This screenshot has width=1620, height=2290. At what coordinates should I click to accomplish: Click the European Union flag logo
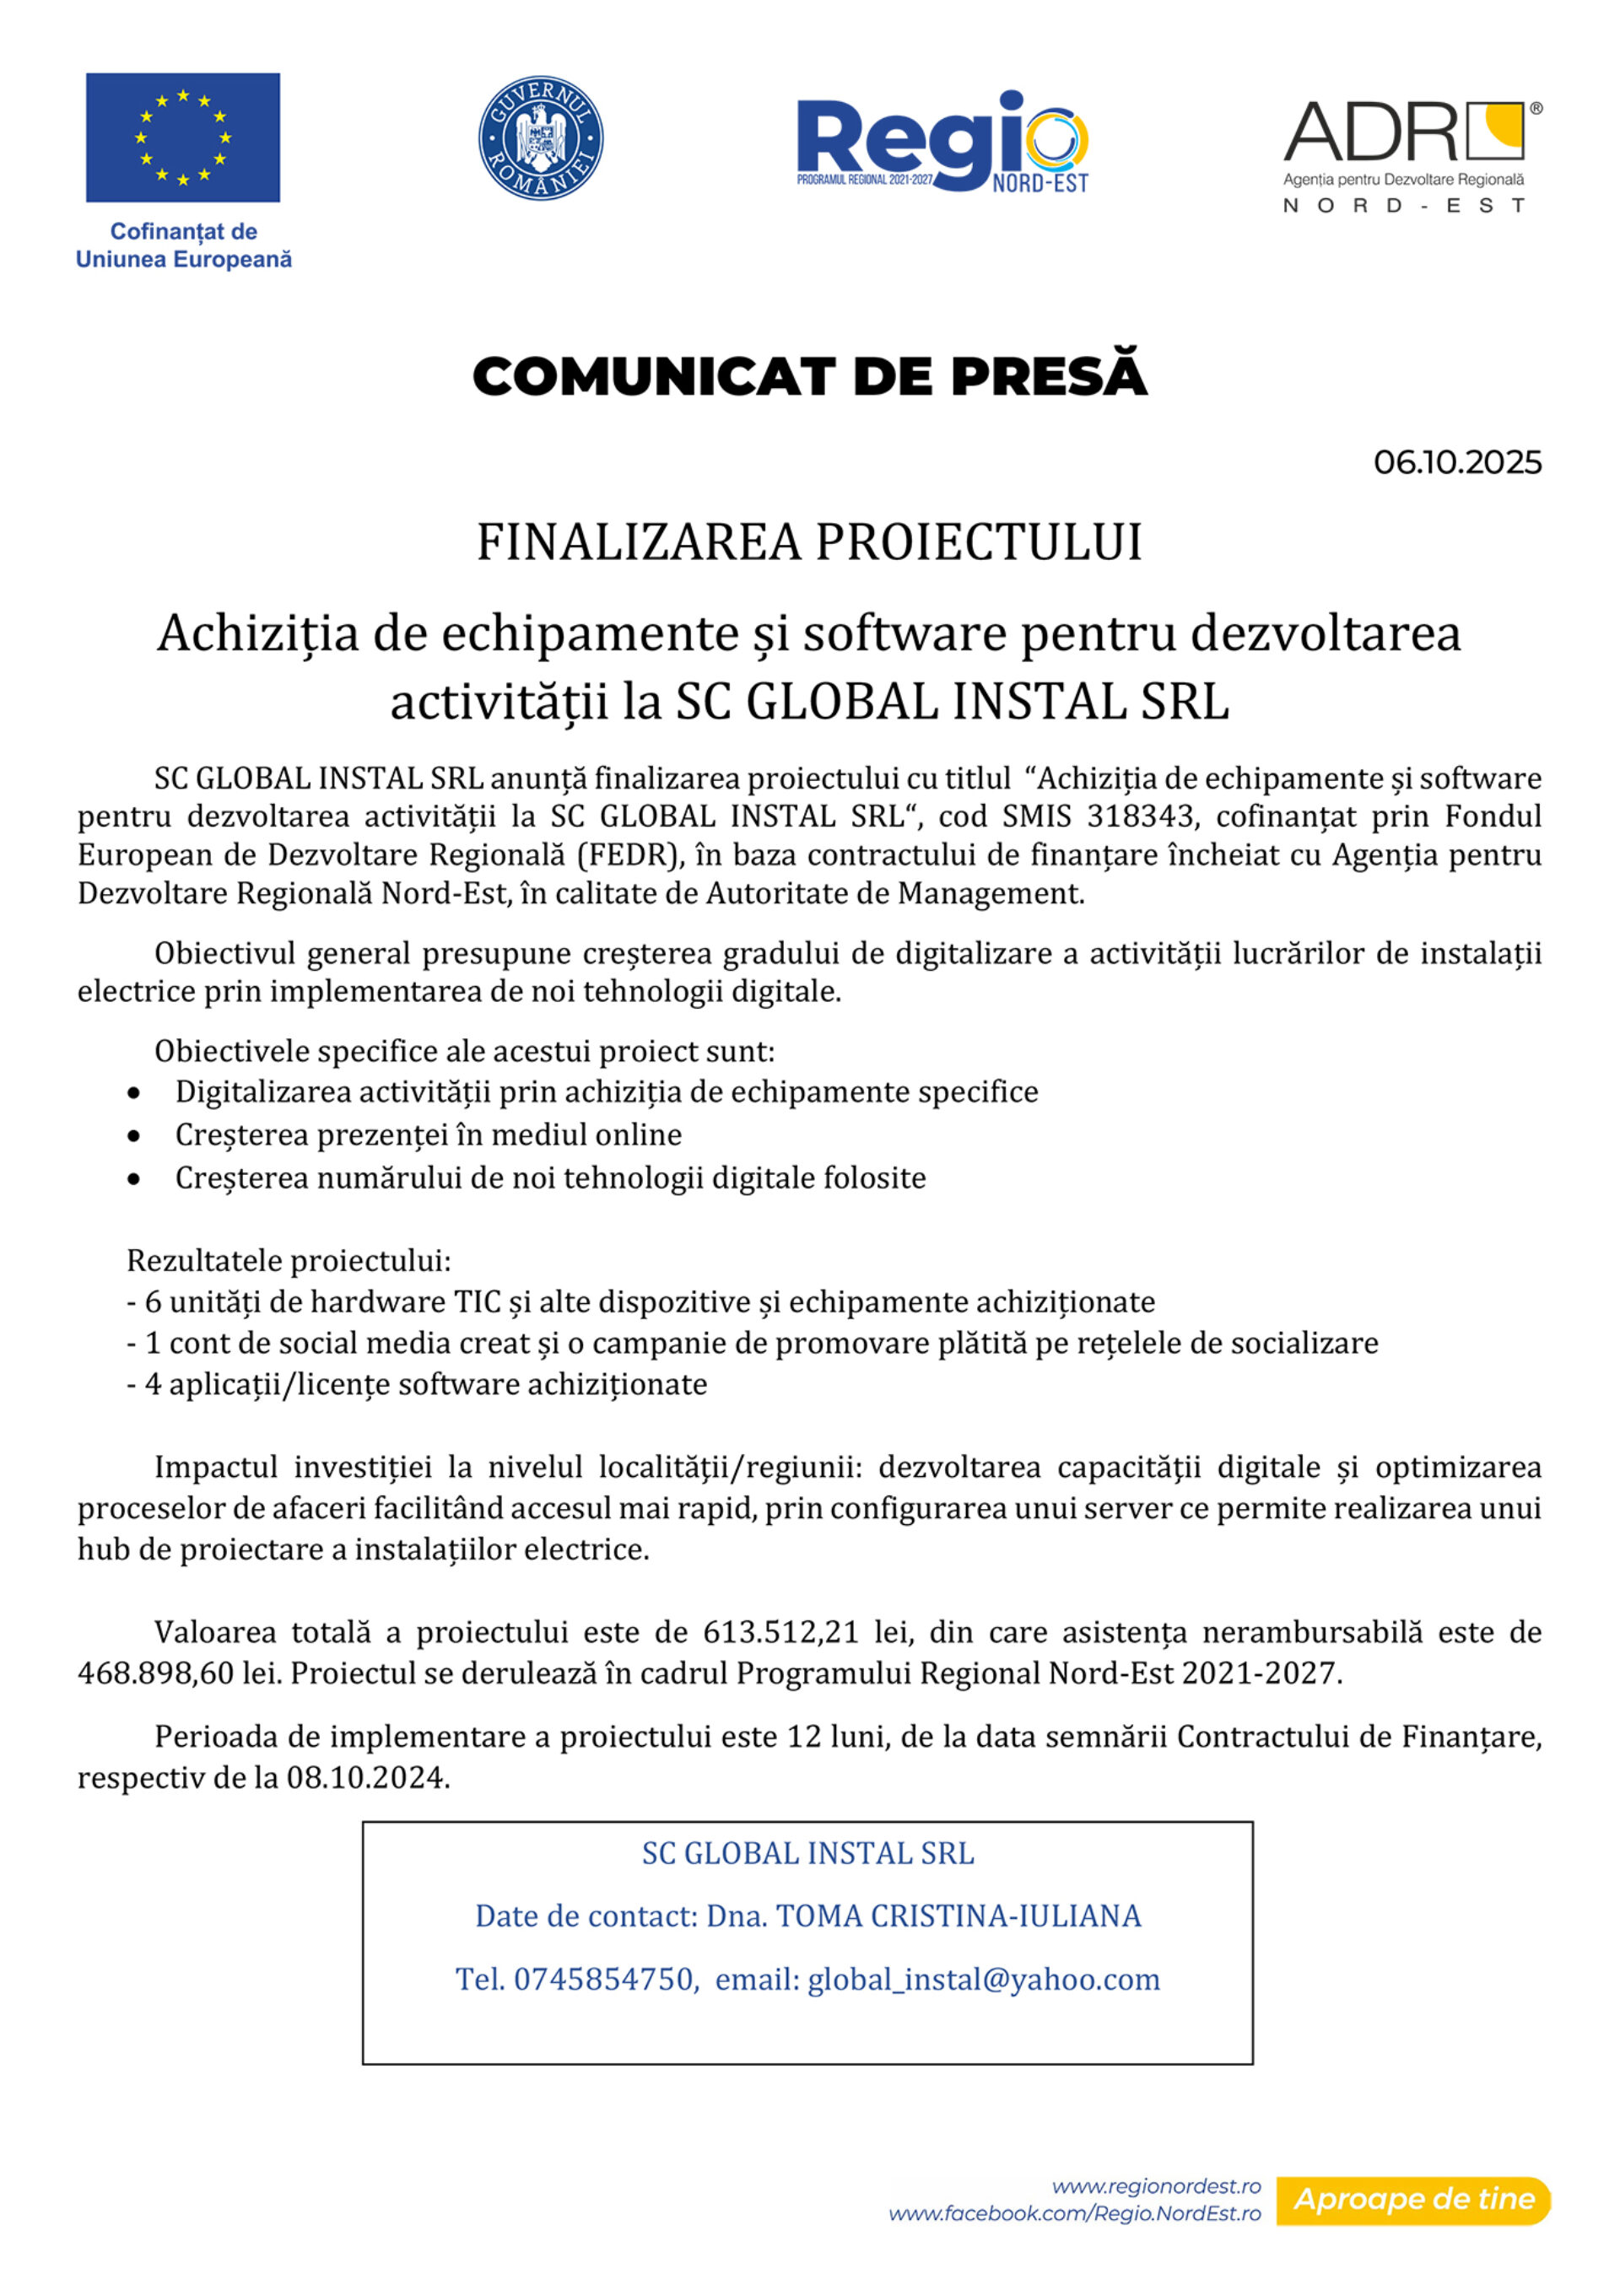[182, 137]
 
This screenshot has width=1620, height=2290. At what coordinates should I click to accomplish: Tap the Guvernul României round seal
[541, 137]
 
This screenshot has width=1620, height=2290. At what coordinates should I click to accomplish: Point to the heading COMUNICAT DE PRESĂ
[809, 377]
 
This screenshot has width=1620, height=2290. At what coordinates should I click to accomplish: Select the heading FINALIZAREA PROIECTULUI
[809, 543]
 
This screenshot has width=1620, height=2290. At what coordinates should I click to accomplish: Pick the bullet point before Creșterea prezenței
[133, 1136]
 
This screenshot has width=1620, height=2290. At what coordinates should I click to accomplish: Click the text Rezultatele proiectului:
[289, 1261]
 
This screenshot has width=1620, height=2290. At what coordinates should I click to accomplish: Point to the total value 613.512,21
[780, 1632]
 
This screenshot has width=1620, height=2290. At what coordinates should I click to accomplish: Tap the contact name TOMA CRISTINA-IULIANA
[958, 1916]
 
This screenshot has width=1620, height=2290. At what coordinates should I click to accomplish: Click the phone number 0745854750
[603, 1979]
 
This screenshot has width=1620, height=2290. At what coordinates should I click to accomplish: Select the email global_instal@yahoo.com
[984, 1979]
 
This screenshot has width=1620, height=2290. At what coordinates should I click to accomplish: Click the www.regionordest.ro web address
[1156, 2185]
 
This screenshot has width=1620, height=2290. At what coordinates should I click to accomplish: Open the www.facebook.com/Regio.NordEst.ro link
[1074, 2213]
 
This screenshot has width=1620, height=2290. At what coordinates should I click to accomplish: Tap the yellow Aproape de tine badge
[1413, 2199]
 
